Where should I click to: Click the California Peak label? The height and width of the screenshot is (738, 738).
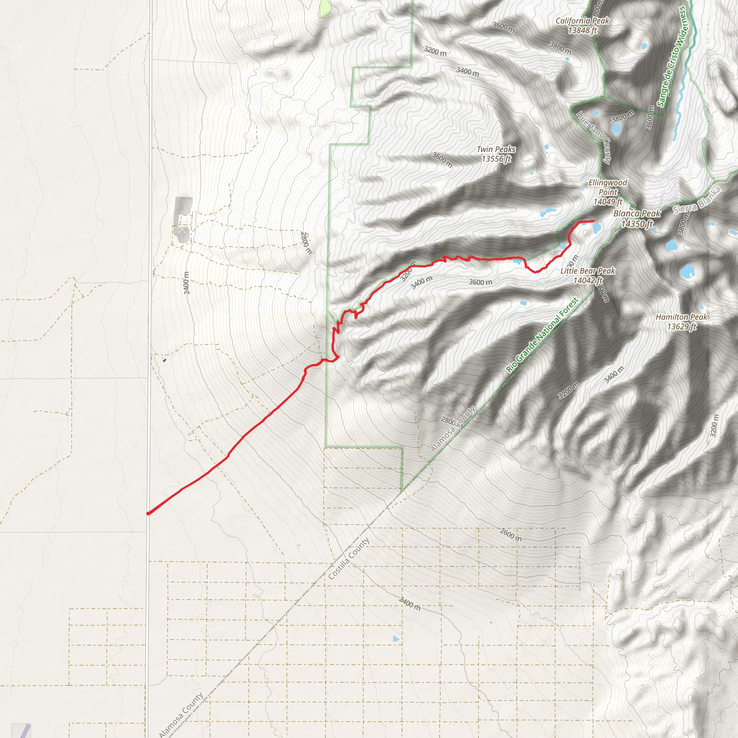(x=582, y=26)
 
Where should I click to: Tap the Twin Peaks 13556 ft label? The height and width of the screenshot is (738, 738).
(x=496, y=154)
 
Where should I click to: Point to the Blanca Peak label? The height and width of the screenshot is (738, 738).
(x=637, y=218)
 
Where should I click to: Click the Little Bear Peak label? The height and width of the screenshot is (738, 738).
(x=588, y=275)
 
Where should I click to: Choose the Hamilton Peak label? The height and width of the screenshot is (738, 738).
(x=681, y=321)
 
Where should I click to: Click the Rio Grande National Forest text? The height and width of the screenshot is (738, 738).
(x=542, y=335)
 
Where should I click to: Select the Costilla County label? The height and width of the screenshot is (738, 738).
(x=349, y=559)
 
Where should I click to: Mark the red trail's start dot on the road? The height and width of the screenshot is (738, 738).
(x=148, y=514)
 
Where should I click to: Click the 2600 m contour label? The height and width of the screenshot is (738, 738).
(x=511, y=534)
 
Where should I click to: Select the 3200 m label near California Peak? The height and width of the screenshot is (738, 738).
(x=435, y=50)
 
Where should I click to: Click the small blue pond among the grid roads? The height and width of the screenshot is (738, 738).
(x=396, y=639)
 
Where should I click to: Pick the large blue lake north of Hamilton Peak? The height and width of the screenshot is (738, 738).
(x=687, y=271)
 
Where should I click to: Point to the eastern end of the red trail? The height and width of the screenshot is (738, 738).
(x=593, y=221)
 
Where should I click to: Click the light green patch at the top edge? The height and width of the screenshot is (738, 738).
(x=325, y=7)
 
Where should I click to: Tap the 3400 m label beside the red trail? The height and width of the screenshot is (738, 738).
(x=421, y=282)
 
